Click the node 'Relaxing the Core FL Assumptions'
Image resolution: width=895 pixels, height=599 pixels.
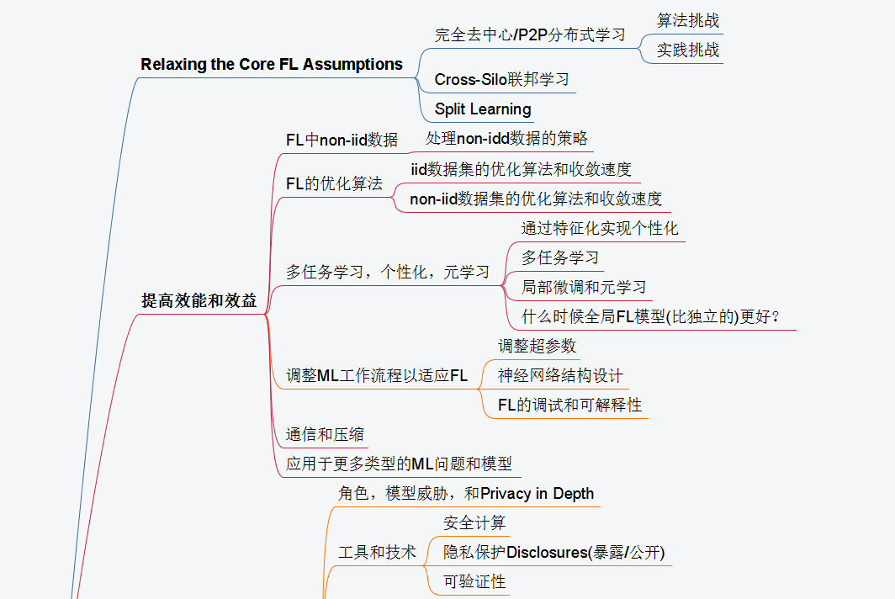click(272, 65)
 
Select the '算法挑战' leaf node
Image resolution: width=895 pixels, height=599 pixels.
click(688, 21)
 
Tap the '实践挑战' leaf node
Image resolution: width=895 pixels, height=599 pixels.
click(688, 50)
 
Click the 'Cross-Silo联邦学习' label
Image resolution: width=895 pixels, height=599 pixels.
click(502, 80)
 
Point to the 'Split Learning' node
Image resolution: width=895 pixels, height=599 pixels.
click(483, 109)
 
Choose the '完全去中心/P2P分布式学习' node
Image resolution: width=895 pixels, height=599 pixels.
click(530, 35)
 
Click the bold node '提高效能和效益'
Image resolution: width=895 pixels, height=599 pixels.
click(199, 301)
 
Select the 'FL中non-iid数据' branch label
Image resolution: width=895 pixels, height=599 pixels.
click(342, 140)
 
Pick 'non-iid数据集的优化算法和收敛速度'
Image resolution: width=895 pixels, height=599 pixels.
click(536, 199)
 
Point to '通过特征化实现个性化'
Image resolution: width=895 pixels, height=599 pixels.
click(600, 229)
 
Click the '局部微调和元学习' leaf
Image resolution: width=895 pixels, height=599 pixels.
click(584, 287)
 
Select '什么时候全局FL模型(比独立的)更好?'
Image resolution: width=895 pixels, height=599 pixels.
click(651, 317)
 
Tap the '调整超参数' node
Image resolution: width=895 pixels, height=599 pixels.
click(537, 346)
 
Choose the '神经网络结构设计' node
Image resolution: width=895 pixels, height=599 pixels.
click(560, 375)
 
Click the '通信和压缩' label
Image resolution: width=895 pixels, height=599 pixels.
click(325, 435)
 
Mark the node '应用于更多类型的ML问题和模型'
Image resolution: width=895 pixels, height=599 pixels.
click(399, 464)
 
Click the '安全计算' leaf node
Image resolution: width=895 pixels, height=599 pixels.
click(474, 523)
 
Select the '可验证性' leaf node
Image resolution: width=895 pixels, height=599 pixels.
click(474, 581)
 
